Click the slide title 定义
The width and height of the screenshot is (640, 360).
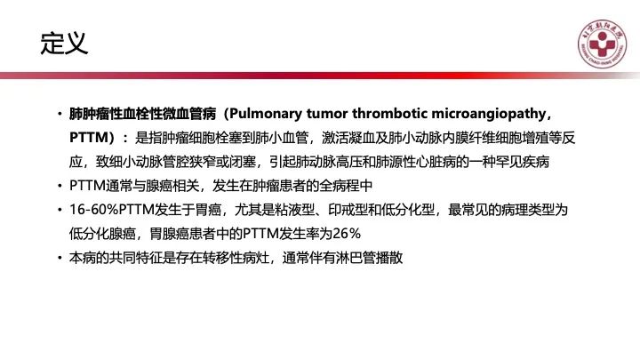click(x=64, y=44)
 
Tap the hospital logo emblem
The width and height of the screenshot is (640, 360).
click(x=602, y=44)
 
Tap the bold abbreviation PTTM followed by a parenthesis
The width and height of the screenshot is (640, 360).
click(x=92, y=138)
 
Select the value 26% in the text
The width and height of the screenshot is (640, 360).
click(x=347, y=234)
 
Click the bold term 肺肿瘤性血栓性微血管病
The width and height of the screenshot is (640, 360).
click(x=142, y=114)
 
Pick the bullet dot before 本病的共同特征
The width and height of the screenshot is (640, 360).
click(x=60, y=258)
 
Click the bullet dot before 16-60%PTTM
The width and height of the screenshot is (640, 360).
click(x=60, y=210)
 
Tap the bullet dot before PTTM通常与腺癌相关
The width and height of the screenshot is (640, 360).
click(x=60, y=186)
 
